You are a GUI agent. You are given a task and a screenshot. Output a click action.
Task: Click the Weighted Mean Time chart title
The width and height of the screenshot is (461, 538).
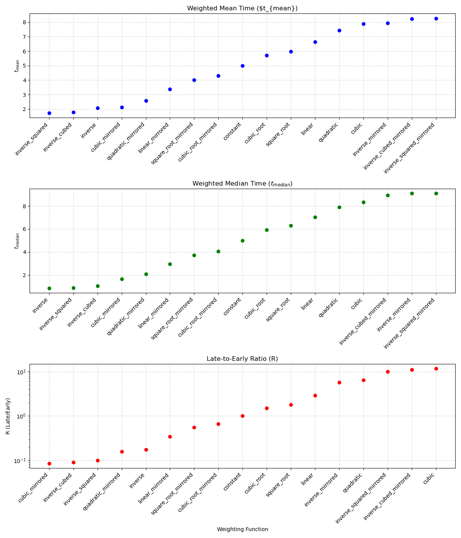point(242,8)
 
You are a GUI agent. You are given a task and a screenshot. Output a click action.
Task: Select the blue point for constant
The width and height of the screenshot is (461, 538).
point(242,66)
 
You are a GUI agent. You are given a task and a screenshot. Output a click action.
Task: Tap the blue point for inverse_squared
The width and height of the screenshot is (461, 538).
point(49,113)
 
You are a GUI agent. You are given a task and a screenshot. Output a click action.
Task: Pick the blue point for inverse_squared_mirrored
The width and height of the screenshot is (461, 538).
point(436,18)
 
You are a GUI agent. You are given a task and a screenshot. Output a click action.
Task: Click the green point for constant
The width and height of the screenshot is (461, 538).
point(242,241)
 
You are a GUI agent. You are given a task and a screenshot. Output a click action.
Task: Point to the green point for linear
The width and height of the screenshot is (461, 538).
point(315,217)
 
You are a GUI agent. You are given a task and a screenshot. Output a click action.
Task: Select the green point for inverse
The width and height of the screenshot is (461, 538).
point(49,288)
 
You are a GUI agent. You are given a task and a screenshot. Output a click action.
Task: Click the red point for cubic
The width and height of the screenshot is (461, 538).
point(436,369)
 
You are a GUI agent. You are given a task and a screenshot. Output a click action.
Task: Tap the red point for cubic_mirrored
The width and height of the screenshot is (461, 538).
point(49,463)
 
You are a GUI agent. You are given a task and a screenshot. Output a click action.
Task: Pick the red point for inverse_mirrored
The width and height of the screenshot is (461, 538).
point(339,382)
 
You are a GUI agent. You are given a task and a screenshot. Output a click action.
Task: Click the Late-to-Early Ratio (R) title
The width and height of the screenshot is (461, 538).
point(242,359)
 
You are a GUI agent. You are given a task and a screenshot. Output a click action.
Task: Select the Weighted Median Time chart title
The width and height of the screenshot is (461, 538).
point(242,184)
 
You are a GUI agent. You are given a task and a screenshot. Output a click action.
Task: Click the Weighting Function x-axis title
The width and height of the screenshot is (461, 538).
point(242,529)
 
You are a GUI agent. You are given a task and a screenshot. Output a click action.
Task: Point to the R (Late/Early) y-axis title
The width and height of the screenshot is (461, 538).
point(8,416)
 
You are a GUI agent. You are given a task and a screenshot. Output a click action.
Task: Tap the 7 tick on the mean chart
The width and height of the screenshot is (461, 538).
point(24,37)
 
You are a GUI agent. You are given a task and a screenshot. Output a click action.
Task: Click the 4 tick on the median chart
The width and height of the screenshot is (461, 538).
point(24,252)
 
